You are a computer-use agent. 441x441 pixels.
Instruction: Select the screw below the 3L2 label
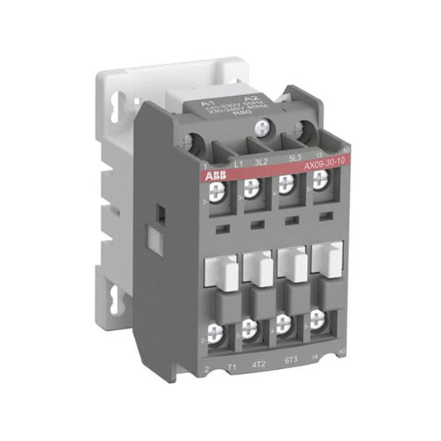252,188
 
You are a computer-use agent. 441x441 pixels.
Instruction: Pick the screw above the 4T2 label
252,329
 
